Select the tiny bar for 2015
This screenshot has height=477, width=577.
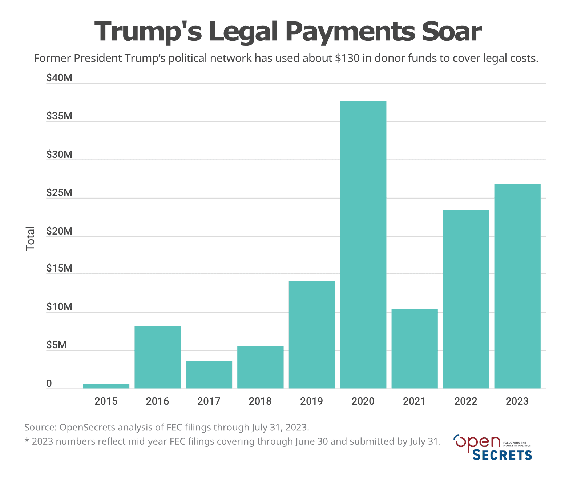(106, 386)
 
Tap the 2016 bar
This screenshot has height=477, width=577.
(157, 357)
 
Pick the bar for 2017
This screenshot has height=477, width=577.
(209, 375)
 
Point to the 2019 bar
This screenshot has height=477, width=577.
(312, 334)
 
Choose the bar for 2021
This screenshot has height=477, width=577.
(415, 349)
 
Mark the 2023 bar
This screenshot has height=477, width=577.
(517, 286)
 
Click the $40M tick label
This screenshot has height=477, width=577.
(59, 78)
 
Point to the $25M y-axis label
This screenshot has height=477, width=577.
(59, 193)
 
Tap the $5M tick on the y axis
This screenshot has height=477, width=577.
(56, 345)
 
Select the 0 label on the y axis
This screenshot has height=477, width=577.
(49, 384)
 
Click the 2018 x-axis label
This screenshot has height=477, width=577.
(260, 401)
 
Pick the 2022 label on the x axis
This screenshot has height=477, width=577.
(466, 401)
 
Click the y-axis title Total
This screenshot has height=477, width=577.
(31, 238)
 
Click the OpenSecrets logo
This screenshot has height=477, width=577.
(493, 447)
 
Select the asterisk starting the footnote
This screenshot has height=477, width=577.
(27, 441)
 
